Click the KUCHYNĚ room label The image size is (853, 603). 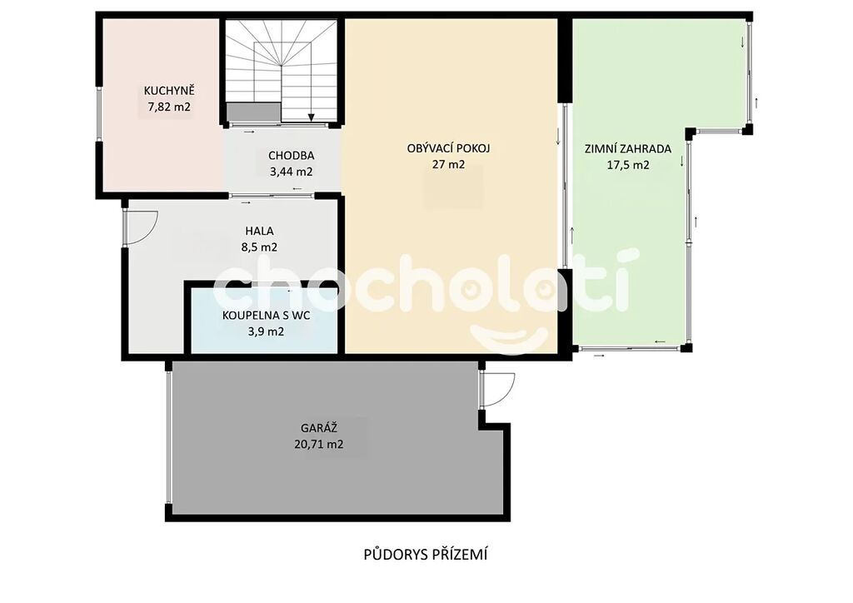pos(169,90)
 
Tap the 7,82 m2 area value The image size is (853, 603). pos(169,107)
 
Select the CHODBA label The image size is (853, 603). pos(291,156)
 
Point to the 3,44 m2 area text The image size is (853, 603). pos(291,172)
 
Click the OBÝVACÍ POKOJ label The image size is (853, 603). pos(449,148)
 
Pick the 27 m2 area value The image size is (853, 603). pos(449,164)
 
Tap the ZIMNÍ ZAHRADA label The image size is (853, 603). pos(628,148)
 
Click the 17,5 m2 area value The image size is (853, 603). pos(628,165)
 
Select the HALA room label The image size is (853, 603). pos(260,231)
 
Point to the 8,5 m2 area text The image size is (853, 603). pos(260,247)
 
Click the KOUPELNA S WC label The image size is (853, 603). pos(266,316)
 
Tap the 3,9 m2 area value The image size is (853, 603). pos(266,331)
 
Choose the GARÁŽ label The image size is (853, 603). pos(319,427)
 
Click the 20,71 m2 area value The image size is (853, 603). pos(319,444)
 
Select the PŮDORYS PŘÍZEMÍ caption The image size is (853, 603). pos(426,554)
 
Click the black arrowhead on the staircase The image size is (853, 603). pos(312,117)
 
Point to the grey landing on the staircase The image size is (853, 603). pos(253,112)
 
